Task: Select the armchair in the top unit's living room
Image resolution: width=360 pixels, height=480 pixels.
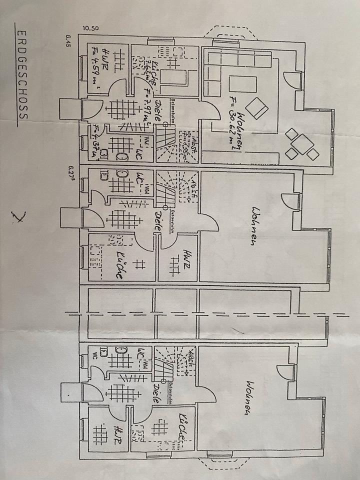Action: coord(258,107)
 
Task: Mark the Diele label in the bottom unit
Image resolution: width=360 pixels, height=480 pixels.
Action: coord(156,392)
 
